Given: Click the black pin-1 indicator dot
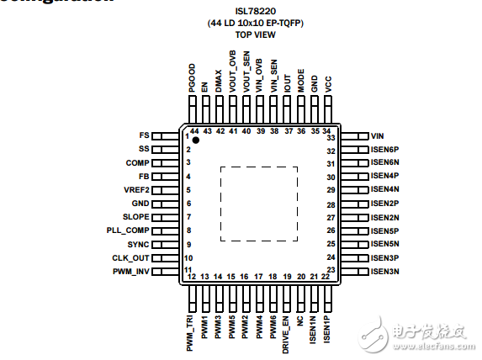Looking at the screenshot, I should point(196,140).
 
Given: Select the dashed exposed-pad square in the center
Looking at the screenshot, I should point(258,203).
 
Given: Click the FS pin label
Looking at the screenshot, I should point(144,135).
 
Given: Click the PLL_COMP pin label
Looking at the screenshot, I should point(128,230).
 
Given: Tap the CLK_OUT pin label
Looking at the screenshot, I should point(130,257).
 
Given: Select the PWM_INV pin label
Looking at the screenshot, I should point(130,271).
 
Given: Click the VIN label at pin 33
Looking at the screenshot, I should point(377,135).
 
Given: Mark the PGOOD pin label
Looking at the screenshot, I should point(192,80).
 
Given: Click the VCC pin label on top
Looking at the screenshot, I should point(328,84).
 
